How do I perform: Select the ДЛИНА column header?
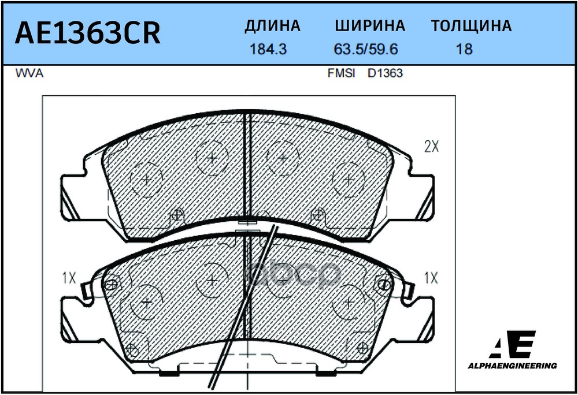[x=272, y=26]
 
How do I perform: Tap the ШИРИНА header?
[x=370, y=26]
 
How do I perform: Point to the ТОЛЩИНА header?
[x=471, y=26]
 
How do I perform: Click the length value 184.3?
[x=268, y=49]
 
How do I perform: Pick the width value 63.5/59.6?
[x=365, y=49]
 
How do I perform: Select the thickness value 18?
[x=464, y=49]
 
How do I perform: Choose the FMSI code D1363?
[x=385, y=74]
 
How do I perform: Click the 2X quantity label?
[x=432, y=147]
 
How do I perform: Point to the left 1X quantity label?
[x=69, y=278]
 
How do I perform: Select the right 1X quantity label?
[x=431, y=278]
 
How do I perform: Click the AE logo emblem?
[x=513, y=344]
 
